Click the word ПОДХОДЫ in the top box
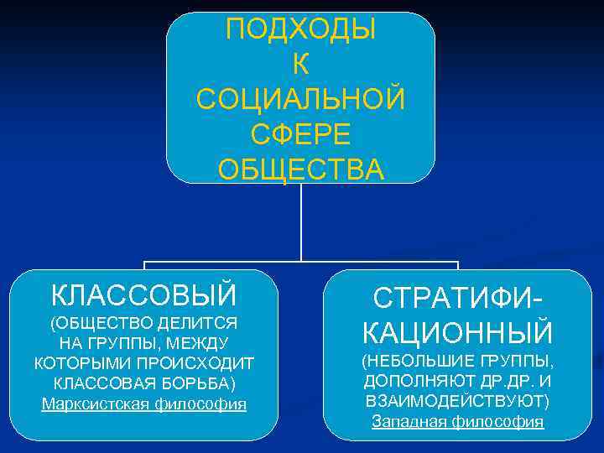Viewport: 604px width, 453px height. [x=301, y=29]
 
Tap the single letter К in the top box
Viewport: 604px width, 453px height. [x=301, y=64]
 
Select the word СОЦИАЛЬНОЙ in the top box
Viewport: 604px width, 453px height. [x=301, y=99]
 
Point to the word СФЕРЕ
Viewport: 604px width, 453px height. [x=301, y=134]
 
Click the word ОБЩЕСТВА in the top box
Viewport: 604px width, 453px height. [x=301, y=169]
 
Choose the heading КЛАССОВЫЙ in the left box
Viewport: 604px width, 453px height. [x=143, y=295]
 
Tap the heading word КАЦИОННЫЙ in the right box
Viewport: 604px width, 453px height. [x=458, y=333]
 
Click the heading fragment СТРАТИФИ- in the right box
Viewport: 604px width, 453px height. [x=458, y=298]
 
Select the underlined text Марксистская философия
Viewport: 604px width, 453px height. [x=144, y=404]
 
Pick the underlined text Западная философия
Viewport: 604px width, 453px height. [x=458, y=421]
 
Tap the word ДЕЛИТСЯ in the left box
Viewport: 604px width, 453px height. [x=202, y=323]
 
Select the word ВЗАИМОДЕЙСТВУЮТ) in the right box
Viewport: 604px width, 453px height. [x=458, y=401]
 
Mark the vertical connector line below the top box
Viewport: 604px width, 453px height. [x=301, y=222]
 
